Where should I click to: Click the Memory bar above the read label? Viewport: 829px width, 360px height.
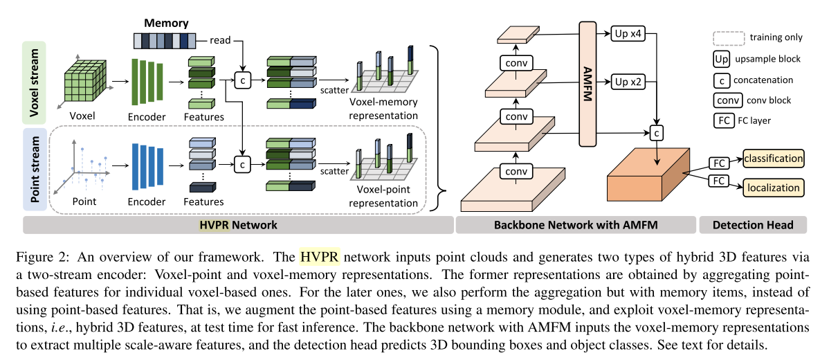tap(163, 40)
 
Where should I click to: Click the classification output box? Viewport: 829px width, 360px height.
tap(774, 158)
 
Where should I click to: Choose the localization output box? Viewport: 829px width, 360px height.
tap(774, 187)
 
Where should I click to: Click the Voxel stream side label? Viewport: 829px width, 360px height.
tap(35, 82)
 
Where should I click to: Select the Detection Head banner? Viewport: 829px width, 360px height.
tap(753, 225)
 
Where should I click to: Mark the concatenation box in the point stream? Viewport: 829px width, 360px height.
tap(243, 164)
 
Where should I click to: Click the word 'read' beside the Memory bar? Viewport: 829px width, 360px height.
tap(220, 40)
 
